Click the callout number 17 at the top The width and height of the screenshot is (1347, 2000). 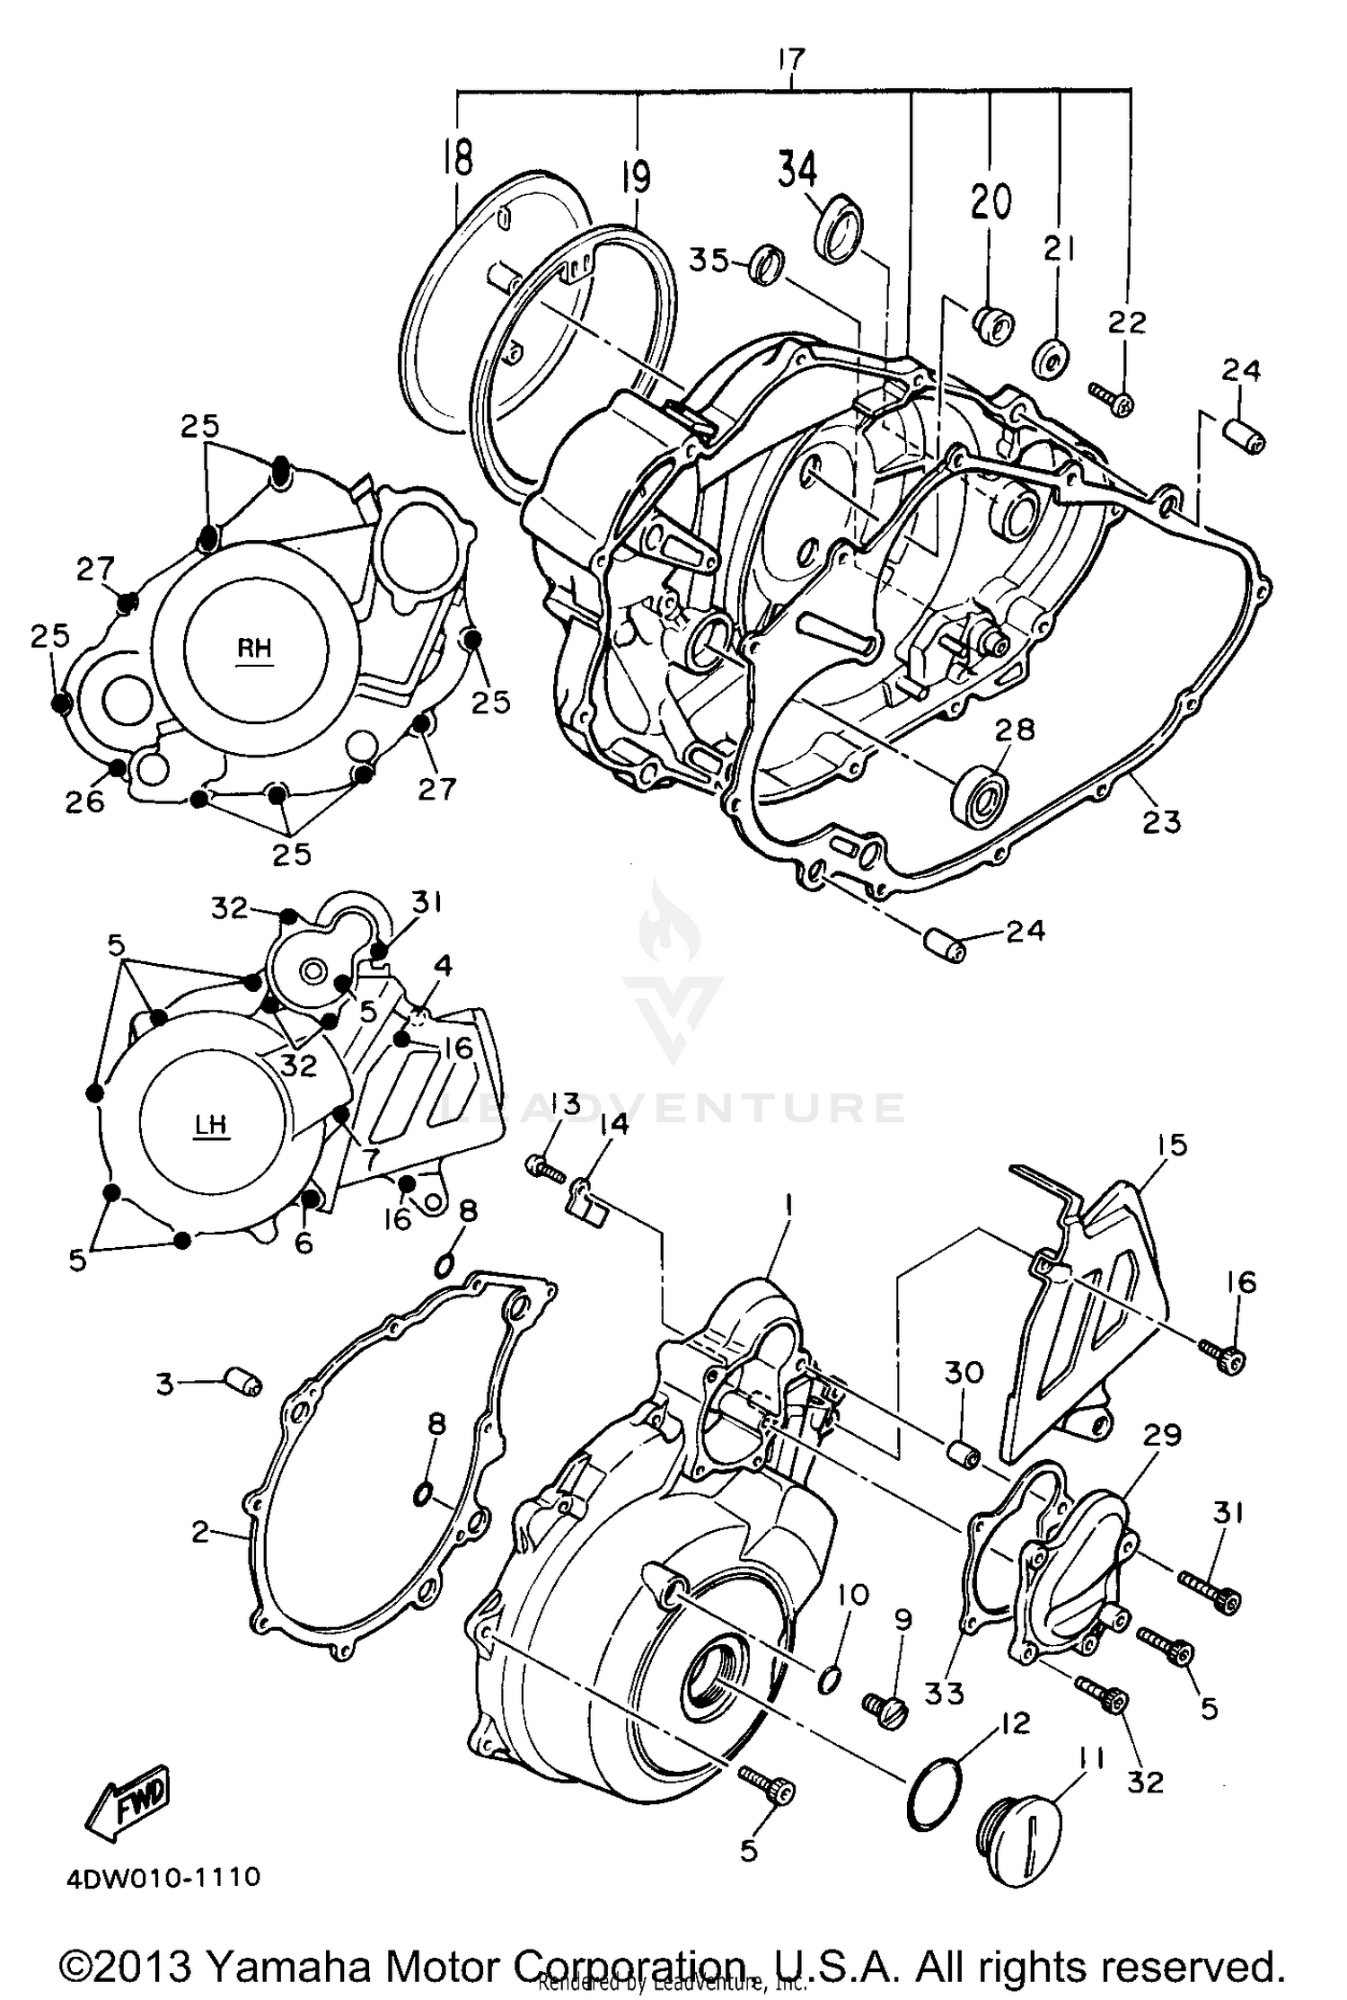(x=791, y=60)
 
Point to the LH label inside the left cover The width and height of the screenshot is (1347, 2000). (x=211, y=1125)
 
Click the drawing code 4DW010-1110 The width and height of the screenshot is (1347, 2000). (x=163, y=1877)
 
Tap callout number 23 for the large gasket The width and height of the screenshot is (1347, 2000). (x=1160, y=821)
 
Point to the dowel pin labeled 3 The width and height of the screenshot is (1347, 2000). (x=240, y=1384)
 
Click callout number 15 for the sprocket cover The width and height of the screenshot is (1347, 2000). (x=1172, y=1145)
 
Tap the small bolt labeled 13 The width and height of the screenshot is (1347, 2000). (x=541, y=1167)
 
